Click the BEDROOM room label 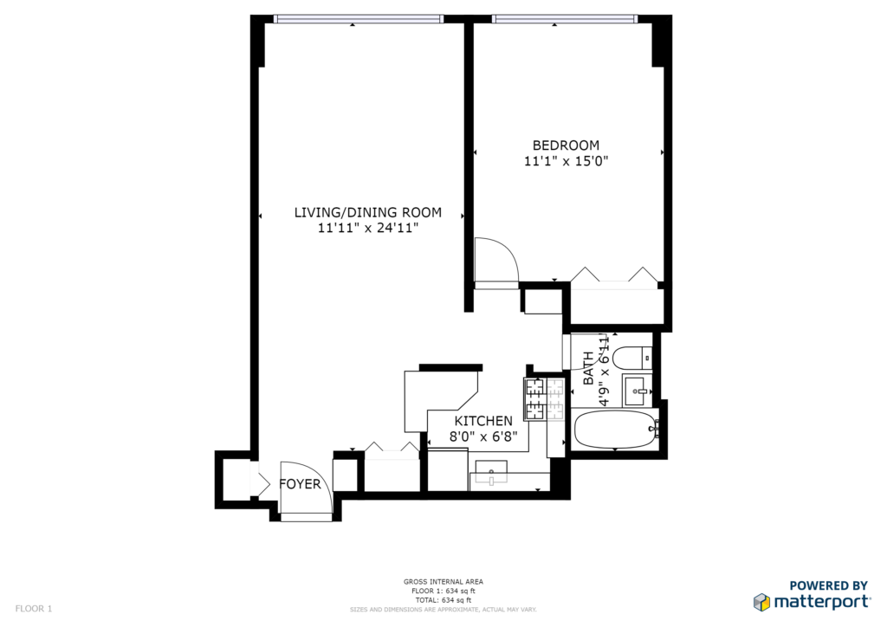566,145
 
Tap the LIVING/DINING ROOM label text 367,212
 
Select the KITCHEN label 483,421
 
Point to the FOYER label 300,484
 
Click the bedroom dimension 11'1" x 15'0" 566,162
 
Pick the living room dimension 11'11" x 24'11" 367,229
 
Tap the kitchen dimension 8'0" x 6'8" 483,437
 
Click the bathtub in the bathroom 615,430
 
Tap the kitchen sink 490,473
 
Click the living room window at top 358,19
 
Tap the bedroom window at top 565,19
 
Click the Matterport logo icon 761,602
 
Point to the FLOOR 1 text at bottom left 34,609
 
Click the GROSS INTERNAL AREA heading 443,582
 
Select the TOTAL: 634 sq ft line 443,600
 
